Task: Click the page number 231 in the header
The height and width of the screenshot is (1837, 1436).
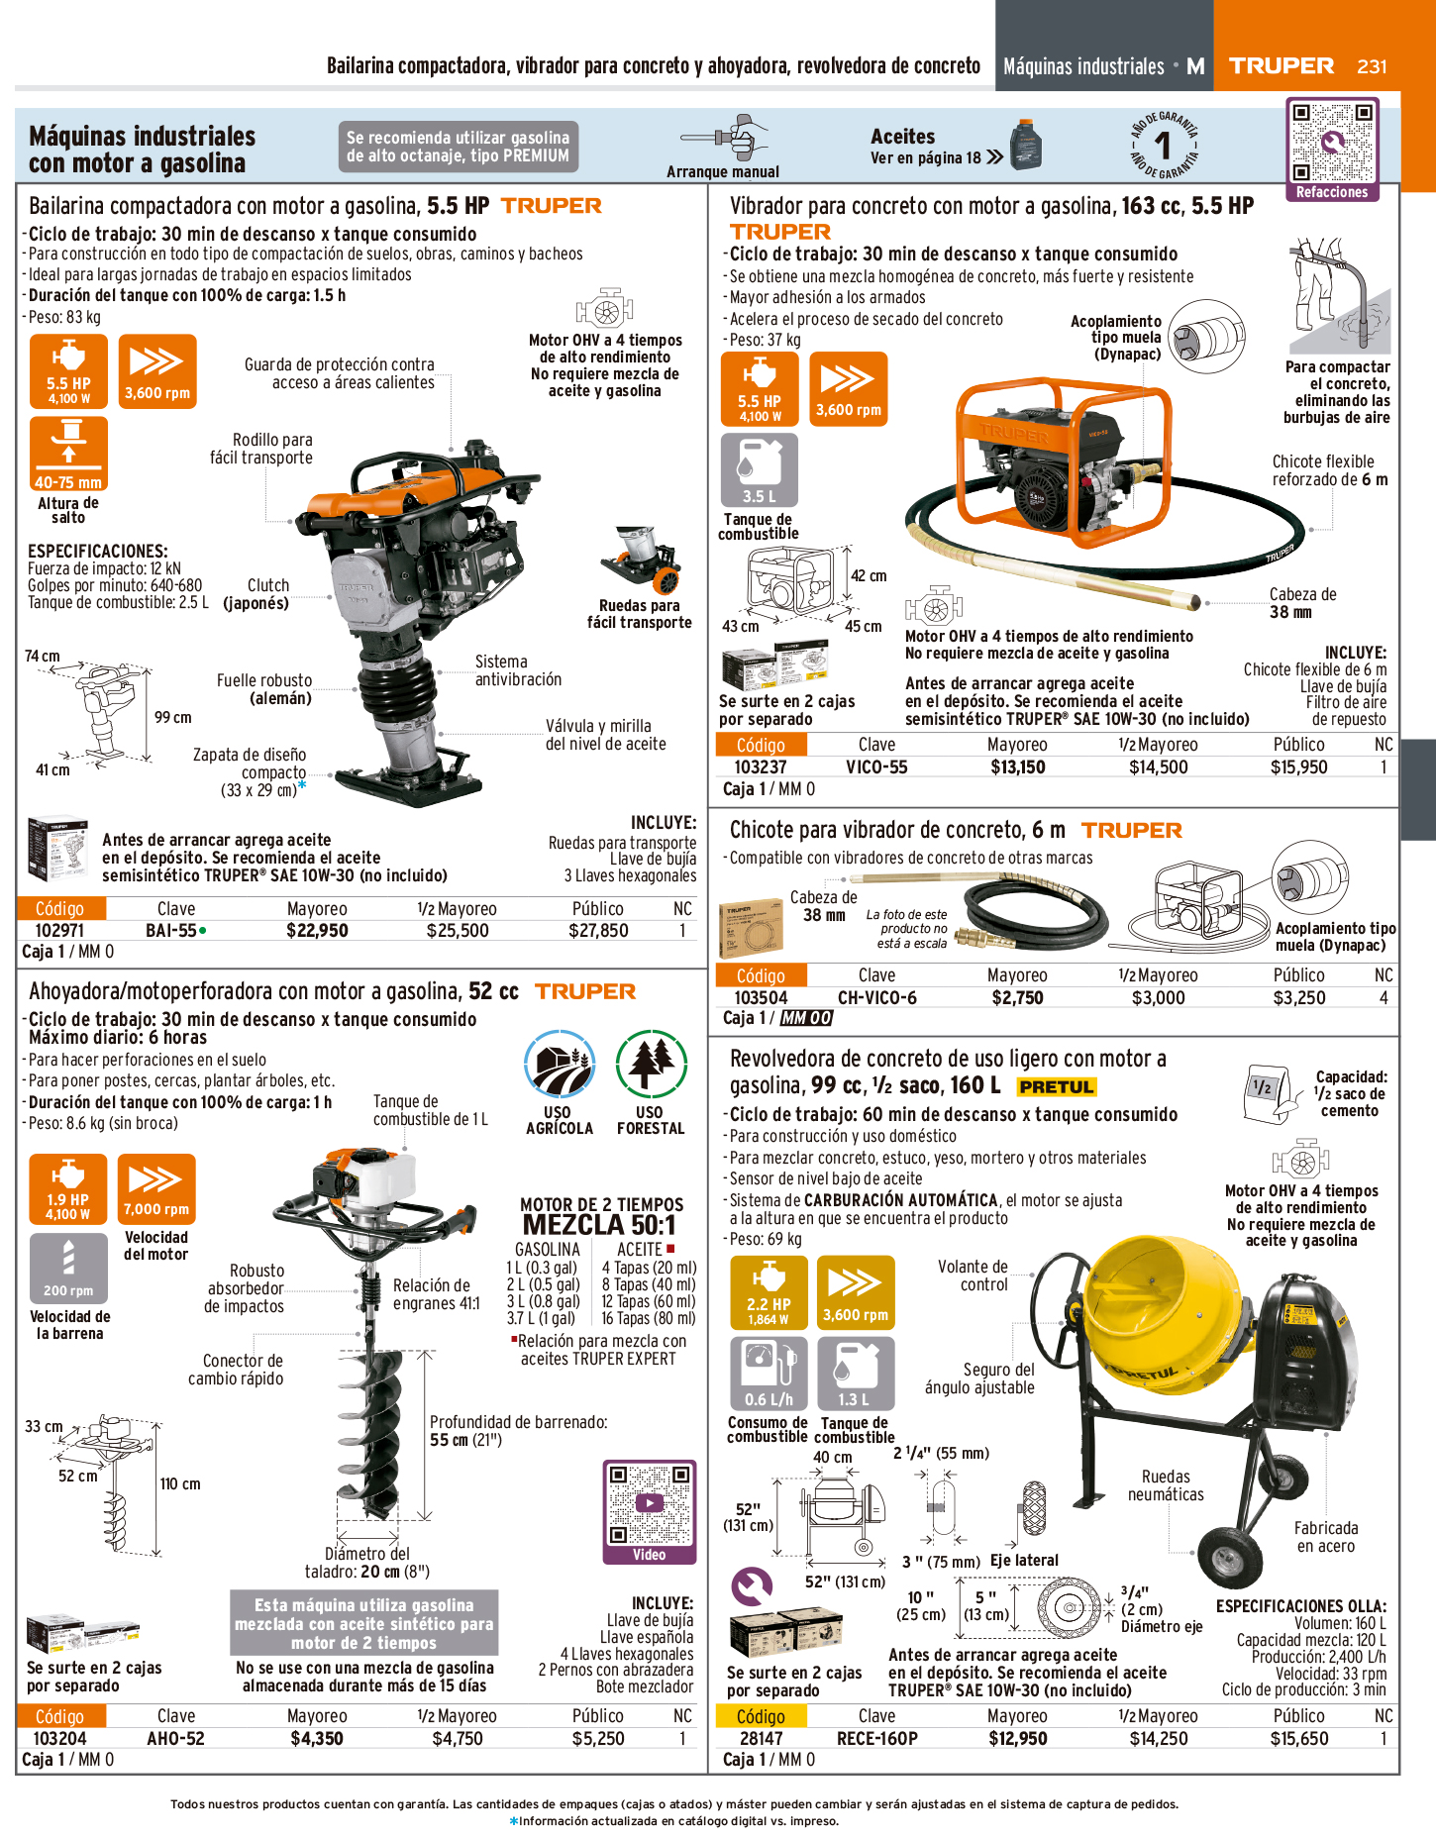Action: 1372,66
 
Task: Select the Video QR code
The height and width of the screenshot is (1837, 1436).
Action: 649,1502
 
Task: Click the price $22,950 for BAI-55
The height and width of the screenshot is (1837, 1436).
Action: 317,930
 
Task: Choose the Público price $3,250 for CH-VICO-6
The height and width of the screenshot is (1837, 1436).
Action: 1298,997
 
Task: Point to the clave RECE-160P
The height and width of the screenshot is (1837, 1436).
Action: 877,1738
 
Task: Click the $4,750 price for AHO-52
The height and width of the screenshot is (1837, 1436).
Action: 458,1738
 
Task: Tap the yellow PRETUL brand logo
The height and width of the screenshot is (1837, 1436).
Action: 1057,1086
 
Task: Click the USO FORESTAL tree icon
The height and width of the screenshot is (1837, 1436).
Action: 651,1066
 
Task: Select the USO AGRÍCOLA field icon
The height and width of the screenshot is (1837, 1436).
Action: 560,1066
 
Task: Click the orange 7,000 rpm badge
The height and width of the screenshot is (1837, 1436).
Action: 156,1189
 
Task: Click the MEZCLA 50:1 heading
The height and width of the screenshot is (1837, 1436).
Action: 599,1225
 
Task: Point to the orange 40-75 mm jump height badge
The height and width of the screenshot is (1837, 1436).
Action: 68,454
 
